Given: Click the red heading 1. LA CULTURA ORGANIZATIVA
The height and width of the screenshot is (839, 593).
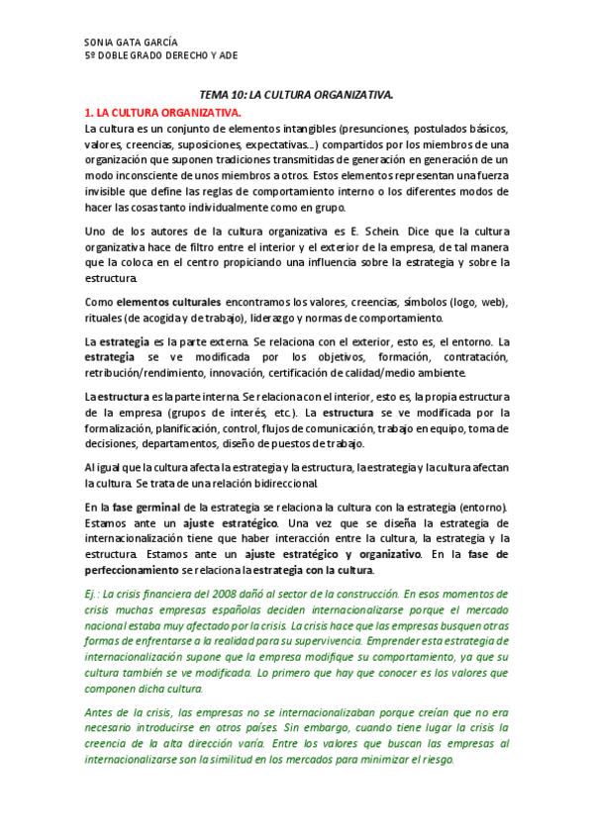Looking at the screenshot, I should [x=162, y=114].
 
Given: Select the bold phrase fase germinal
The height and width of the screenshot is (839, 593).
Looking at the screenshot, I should [x=143, y=507].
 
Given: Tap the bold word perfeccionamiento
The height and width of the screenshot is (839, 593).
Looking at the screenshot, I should [x=139, y=569].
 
